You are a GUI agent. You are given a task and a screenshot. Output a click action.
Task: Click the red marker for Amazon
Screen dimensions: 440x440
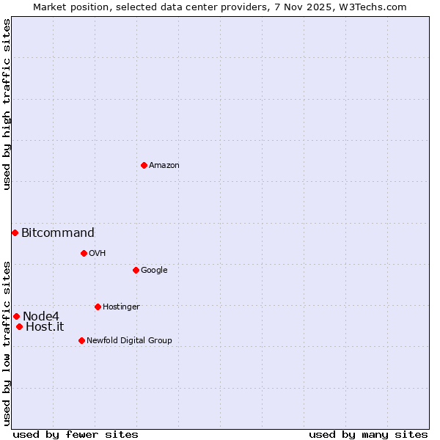coord(144,165)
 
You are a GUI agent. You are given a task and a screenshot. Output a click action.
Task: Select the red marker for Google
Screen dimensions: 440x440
coord(136,270)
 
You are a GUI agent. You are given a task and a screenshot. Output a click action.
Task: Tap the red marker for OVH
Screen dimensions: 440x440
coord(84,253)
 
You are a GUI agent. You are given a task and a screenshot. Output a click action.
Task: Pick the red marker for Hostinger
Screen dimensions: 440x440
coord(98,307)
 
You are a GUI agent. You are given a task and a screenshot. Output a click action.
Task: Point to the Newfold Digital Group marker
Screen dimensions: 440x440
coord(81,340)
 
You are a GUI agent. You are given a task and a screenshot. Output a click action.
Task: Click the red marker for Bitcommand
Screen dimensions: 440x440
coord(15,232)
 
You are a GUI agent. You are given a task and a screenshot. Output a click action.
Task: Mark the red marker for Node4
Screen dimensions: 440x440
coord(16,316)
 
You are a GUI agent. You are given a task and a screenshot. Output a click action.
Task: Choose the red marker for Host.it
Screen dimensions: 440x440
coord(19,326)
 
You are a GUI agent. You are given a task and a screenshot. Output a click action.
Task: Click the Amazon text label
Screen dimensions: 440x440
coord(164,166)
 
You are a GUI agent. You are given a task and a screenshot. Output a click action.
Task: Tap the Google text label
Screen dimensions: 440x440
coord(154,271)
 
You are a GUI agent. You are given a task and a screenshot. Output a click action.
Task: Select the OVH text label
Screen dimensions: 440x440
coord(98,254)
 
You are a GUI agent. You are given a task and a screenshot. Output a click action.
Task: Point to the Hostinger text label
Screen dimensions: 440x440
coord(121,307)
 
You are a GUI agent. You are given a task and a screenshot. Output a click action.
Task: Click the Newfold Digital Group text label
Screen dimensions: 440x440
coord(129,341)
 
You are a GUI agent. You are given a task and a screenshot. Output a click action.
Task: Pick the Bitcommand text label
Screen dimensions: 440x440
coord(58,233)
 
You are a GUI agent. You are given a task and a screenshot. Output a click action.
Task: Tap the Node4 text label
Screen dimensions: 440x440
coord(41,316)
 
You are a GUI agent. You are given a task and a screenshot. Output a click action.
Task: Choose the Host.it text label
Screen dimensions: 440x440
coord(45,327)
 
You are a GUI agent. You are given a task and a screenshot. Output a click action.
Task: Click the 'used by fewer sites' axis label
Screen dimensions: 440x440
coord(76,434)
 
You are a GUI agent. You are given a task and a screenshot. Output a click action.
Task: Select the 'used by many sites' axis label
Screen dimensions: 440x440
coord(368,434)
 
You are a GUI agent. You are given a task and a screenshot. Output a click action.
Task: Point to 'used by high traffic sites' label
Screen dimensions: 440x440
coord(7,104)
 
